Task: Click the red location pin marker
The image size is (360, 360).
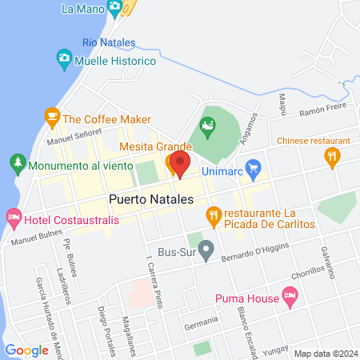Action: pyautogui.click(x=180, y=165)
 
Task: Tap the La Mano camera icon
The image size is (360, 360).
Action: pyautogui.click(x=115, y=9)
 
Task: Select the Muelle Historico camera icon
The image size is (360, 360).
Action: pyautogui.click(x=64, y=60)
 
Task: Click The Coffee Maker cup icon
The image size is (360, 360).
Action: pyautogui.click(x=52, y=118)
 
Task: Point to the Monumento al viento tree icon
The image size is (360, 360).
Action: pyautogui.click(x=18, y=166)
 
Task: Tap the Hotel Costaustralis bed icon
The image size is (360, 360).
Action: pyautogui.click(x=14, y=218)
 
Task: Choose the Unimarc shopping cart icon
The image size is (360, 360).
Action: pyautogui.click(x=254, y=168)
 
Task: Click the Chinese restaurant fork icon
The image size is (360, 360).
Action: pyautogui.click(x=334, y=158)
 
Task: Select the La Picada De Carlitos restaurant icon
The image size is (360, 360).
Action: pyautogui.click(x=213, y=214)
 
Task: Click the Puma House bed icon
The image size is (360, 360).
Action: pyautogui.click(x=290, y=299)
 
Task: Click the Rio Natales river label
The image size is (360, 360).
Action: pyautogui.click(x=109, y=42)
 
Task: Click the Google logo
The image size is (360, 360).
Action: pyautogui.click(x=26, y=350)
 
